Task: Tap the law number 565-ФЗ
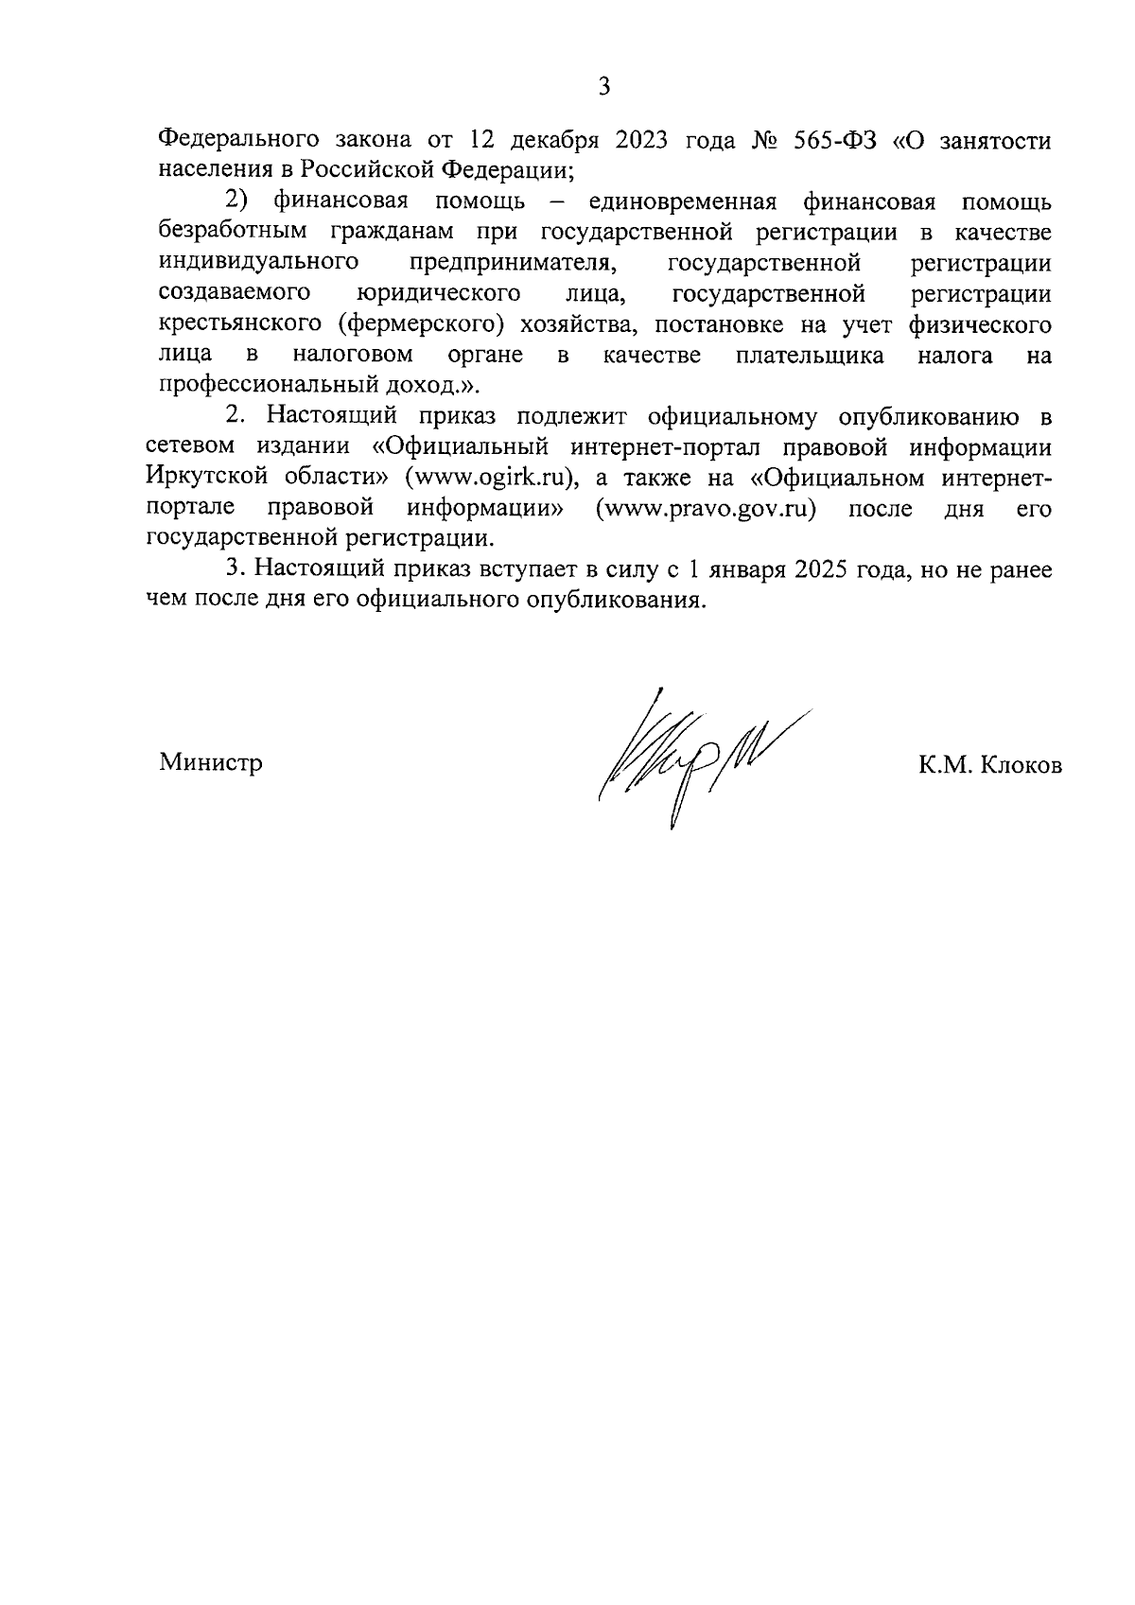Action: pyautogui.click(x=829, y=140)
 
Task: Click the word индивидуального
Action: pyautogui.click(x=251, y=263)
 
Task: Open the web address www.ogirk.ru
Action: pyautogui.click(x=491, y=478)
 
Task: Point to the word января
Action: pyautogui.click(x=743, y=569)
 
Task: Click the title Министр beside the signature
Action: pyautogui.click(x=211, y=762)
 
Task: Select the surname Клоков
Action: pyautogui.click(x=1021, y=765)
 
